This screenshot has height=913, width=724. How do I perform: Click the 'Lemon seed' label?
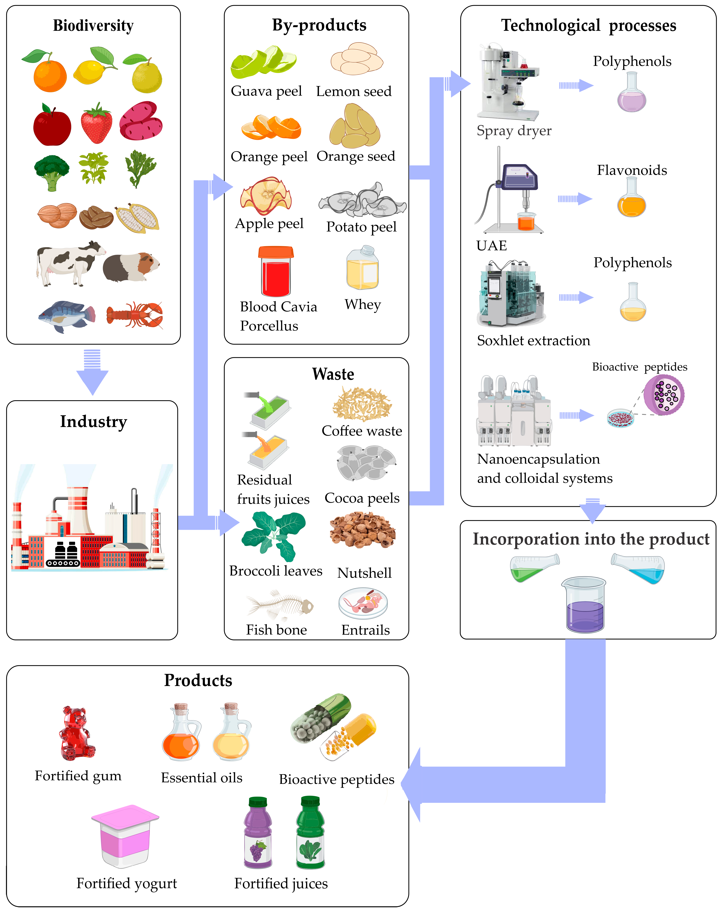coord(354,92)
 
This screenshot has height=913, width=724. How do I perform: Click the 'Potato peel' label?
coord(361,227)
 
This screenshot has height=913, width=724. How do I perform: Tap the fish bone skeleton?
coord(279,605)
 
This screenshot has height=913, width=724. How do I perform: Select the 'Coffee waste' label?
coord(362,431)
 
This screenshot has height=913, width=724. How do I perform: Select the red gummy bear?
coord(76,734)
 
